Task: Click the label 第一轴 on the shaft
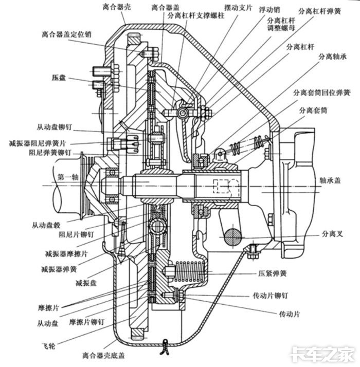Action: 68,177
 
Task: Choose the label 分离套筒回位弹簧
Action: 319,93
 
